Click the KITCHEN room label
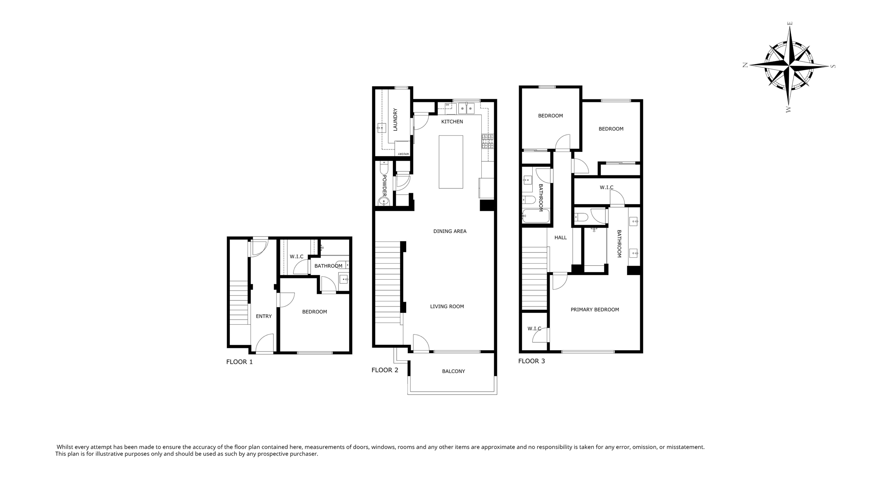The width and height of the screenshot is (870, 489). [452, 122]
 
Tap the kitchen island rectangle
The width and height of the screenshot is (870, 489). [451, 162]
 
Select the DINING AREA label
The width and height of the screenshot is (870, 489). [450, 231]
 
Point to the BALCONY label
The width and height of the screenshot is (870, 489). [453, 371]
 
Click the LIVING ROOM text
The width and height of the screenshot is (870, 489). [447, 306]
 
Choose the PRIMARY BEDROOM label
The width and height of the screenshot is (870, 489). [594, 310]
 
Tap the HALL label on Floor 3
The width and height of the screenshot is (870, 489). [560, 238]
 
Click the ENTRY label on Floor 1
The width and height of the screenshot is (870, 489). [263, 316]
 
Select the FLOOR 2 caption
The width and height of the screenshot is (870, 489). [384, 370]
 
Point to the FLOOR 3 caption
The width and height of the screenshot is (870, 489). [531, 361]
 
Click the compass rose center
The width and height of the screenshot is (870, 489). [789, 66]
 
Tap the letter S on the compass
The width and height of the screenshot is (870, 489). [833, 66]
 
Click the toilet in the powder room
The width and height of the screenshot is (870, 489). [384, 169]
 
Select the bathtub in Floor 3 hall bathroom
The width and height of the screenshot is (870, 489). [536, 216]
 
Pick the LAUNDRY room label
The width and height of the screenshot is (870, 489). [395, 120]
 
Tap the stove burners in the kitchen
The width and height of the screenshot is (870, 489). [487, 141]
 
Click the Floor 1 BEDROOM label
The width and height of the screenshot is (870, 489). [314, 312]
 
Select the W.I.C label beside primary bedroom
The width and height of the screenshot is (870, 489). [534, 329]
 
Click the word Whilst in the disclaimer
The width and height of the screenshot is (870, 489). [65, 447]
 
